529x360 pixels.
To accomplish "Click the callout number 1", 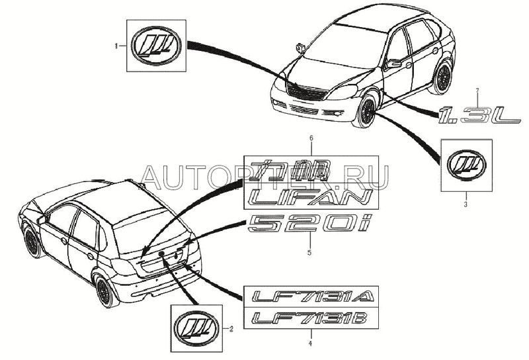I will [x=118, y=46].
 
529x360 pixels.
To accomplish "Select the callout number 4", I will [x=311, y=343].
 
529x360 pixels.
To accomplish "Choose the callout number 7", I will [x=472, y=89].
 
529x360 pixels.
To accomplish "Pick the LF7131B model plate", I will [x=311, y=320].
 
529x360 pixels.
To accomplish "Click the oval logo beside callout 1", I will [x=156, y=46].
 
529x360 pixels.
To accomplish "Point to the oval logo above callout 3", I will [x=467, y=164].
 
